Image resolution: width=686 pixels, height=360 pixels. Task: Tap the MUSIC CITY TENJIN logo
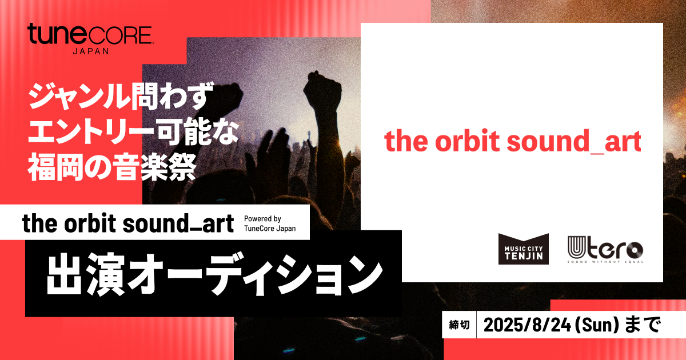coord(524,249)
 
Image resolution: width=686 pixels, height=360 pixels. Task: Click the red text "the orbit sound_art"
coord(512,142)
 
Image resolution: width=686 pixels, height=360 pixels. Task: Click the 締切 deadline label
coord(460,325)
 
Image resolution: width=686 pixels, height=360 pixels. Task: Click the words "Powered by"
coord(262,219)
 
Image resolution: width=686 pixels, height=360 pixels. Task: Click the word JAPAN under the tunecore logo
coord(90,50)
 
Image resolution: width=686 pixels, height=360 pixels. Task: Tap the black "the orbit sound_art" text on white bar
coord(128,223)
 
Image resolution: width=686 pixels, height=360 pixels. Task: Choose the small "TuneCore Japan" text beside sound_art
coord(270,229)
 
